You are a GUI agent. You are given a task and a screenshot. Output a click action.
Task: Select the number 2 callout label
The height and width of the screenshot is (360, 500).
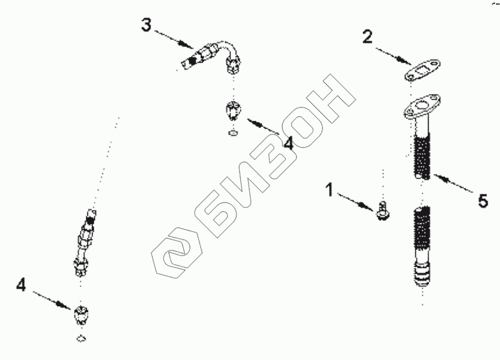(367, 37)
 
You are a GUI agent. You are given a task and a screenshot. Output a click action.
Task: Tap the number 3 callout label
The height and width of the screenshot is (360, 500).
(146, 26)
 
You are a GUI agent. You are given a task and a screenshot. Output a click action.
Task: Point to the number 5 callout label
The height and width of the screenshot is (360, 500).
(483, 201)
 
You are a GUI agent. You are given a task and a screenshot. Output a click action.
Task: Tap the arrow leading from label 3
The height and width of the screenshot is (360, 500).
(174, 39)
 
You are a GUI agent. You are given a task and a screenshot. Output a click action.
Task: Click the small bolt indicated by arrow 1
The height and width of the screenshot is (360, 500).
(383, 210)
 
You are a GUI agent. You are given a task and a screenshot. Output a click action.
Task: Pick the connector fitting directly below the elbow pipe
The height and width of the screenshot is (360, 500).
(233, 112)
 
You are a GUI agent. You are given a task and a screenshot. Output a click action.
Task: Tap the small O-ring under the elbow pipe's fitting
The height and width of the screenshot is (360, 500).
(233, 134)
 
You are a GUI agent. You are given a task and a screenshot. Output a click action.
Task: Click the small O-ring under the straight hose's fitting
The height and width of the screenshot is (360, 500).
(80, 339)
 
